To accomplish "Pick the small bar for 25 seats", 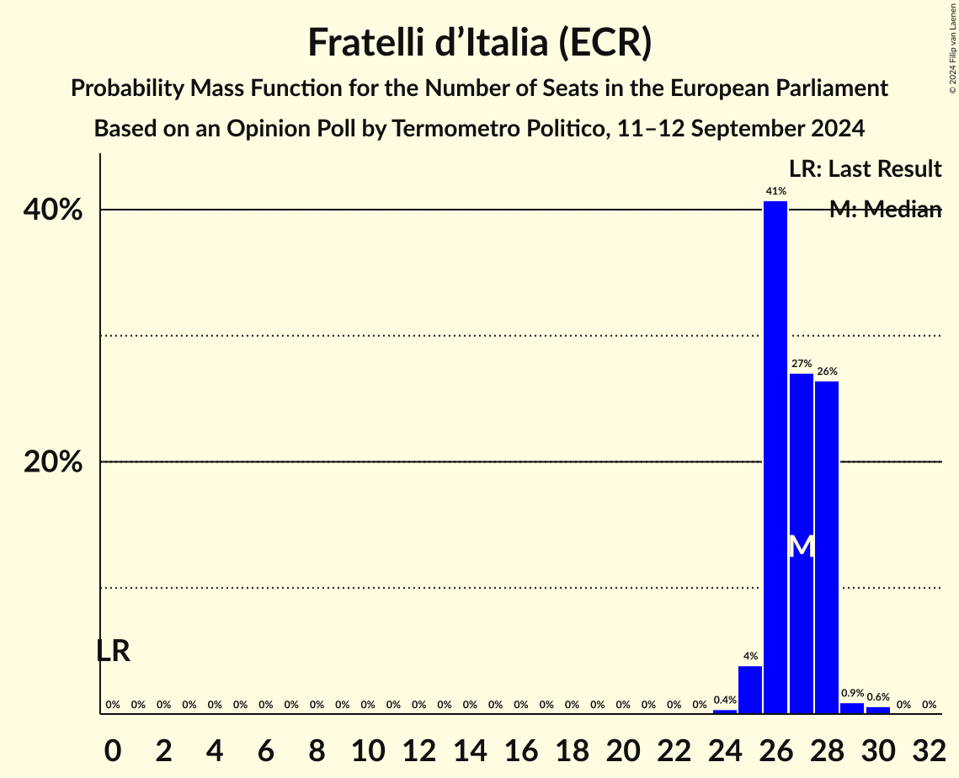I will tap(750, 690).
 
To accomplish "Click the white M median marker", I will tap(802, 546).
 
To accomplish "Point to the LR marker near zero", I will tap(113, 651).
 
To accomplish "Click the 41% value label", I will tap(775, 191).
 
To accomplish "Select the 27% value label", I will tap(801, 364).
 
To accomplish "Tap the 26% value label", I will tap(827, 371).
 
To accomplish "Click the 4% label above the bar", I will tap(750, 656).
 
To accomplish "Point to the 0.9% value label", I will tap(852, 694).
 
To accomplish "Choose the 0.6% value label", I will tap(878, 697).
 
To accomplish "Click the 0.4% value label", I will tap(725, 700).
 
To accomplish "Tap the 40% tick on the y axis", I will tap(52, 210).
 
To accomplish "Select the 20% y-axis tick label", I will tap(52, 462).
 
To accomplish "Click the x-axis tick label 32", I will tap(929, 746).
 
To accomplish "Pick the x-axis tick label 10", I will tap(368, 746).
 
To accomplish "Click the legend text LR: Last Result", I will tap(865, 169).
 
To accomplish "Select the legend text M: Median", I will tap(885, 210).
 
